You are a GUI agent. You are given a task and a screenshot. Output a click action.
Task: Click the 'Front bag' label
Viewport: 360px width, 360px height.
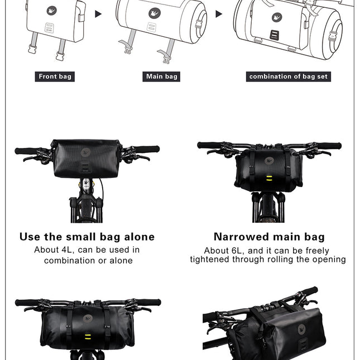(x=55, y=76)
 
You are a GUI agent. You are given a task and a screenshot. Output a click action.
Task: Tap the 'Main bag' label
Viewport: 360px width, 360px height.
(x=162, y=76)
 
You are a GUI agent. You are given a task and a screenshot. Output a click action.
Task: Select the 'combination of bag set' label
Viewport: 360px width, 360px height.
(x=289, y=76)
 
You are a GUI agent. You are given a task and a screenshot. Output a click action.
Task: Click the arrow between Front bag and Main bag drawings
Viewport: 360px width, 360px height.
(x=99, y=13)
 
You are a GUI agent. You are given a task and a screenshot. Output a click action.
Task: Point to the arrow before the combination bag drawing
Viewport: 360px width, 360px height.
(x=219, y=13)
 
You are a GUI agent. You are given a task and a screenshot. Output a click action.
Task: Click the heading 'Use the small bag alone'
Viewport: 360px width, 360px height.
(x=87, y=237)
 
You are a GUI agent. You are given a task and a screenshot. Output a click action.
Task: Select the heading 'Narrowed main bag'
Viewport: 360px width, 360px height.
(x=269, y=237)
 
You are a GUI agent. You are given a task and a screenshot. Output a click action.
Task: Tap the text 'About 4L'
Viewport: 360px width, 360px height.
(x=53, y=250)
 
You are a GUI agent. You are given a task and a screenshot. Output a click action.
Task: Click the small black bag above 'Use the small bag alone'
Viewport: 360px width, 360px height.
(x=87, y=159)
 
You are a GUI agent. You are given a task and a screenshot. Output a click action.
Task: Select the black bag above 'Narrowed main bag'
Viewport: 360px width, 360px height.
(x=268, y=167)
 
